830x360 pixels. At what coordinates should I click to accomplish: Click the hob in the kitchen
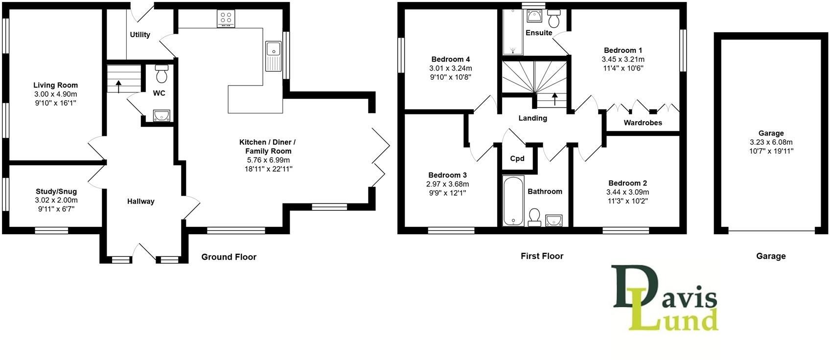point(226,19)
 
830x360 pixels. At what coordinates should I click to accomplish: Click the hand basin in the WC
point(161,115)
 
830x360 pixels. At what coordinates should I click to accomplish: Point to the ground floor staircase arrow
point(118,86)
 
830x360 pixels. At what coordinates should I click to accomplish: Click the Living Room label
point(55,85)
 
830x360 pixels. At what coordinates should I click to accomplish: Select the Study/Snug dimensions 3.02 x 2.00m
point(56,200)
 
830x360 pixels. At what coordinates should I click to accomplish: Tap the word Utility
point(140,35)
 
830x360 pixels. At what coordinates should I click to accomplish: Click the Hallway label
point(141,201)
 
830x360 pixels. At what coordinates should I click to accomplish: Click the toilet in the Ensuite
point(554,19)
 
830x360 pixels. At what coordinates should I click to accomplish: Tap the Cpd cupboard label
point(517,158)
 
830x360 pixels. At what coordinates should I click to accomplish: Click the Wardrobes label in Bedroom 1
point(643,123)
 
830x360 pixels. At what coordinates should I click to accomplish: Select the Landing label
point(533,118)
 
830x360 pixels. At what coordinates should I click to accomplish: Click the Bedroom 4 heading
point(451,59)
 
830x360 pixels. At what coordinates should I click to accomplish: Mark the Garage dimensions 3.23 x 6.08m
point(771,142)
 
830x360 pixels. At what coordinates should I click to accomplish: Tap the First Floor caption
point(542,256)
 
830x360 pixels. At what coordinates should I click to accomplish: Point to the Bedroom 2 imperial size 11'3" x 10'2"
point(628,201)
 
